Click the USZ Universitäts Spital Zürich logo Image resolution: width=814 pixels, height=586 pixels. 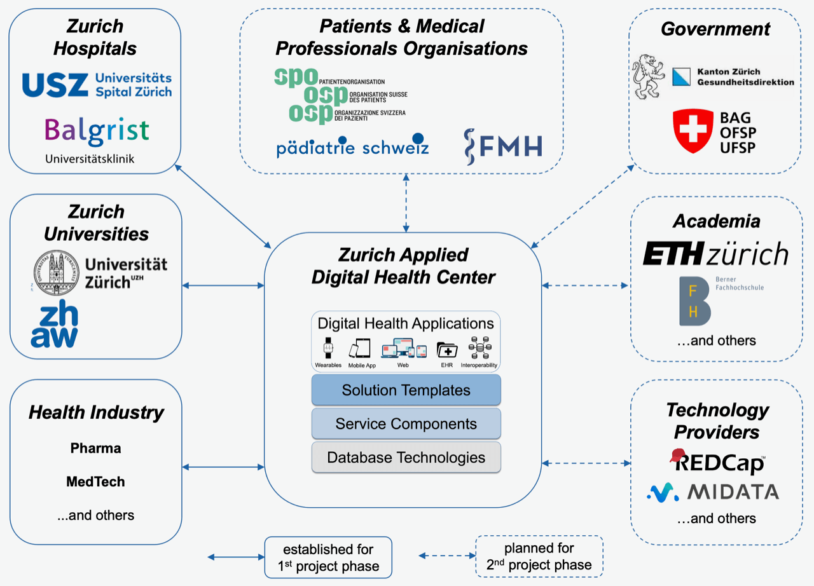pyautogui.click(x=97, y=85)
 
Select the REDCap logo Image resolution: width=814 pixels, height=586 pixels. pyautogui.click(x=717, y=461)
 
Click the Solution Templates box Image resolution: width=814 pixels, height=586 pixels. pyautogui.click(x=406, y=390)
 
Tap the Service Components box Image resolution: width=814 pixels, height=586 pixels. pyautogui.click(x=406, y=423)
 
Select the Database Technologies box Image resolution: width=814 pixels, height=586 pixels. pyautogui.click(x=406, y=457)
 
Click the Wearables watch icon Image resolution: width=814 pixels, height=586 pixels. pyautogui.click(x=328, y=348)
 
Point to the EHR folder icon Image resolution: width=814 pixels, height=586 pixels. pyautogui.click(x=446, y=350)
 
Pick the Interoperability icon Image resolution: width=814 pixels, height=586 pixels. pyautogui.click(x=478, y=348)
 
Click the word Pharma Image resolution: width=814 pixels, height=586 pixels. pyautogui.click(x=96, y=448)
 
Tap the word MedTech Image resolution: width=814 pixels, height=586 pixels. pyautogui.click(x=95, y=482)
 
